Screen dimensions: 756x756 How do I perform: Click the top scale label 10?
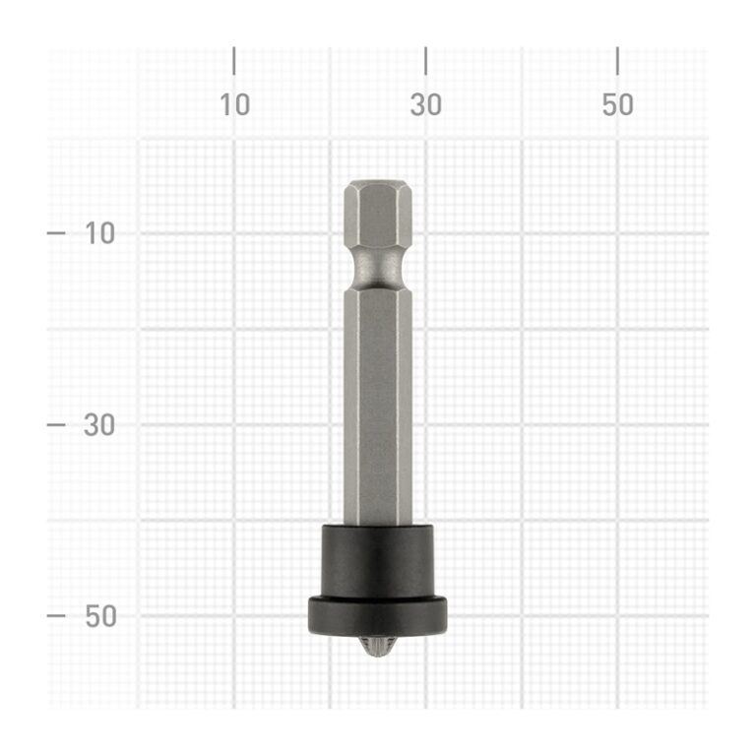[x=235, y=104]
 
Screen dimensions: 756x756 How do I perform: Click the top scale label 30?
[x=425, y=104]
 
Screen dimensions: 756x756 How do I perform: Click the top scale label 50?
[x=617, y=104]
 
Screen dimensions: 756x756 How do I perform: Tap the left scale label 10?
[x=99, y=233]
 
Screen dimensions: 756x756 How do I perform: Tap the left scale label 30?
[x=99, y=425]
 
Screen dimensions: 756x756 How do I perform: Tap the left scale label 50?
[x=100, y=616]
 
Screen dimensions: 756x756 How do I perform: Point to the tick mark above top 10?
[x=234, y=61]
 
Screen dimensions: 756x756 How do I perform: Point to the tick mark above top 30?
[x=425, y=61]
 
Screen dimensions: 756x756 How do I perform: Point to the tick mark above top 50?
[x=617, y=61]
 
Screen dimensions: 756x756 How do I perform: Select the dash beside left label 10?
[x=56, y=233]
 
